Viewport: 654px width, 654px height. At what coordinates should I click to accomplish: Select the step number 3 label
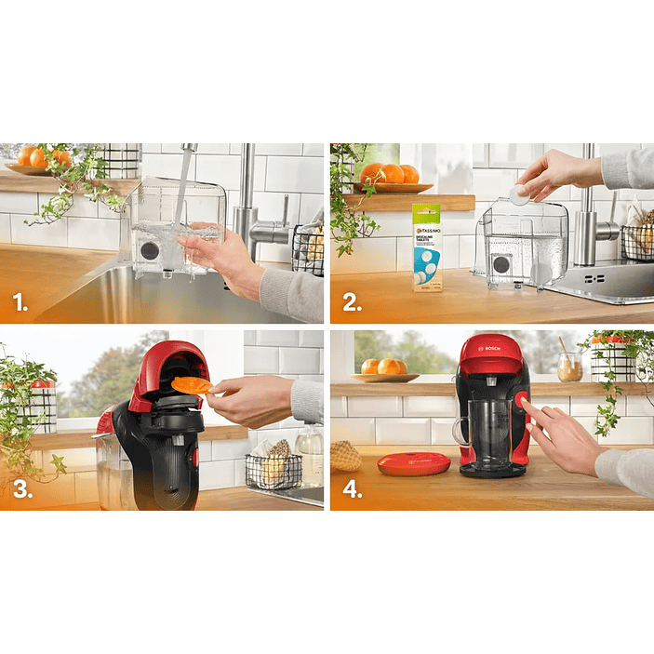[x=20, y=489]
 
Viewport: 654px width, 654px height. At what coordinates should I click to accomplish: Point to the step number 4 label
[x=352, y=489]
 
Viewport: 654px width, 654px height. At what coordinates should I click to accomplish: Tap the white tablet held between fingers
[x=519, y=195]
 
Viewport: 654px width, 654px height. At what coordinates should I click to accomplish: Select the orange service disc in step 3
[x=192, y=384]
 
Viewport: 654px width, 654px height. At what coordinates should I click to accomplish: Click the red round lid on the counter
[x=413, y=461]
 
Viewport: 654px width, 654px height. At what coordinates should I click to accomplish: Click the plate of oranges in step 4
[x=385, y=369]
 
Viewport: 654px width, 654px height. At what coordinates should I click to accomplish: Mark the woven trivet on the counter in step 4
[x=346, y=456]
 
